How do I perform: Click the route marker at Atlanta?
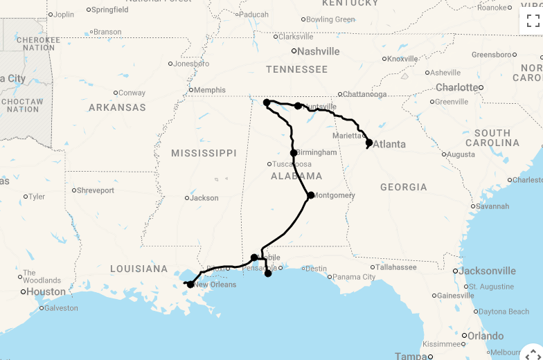pyautogui.click(x=369, y=143)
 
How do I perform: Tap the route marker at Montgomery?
pyautogui.click(x=311, y=195)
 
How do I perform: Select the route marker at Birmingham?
pyautogui.click(x=294, y=153)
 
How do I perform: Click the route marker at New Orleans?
pyautogui.click(x=190, y=285)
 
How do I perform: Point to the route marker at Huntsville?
pyautogui.click(x=298, y=106)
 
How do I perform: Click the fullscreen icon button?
pyautogui.click(x=532, y=20)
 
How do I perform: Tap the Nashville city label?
pyautogui.click(x=319, y=51)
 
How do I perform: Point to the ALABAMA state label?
pyautogui.click(x=296, y=176)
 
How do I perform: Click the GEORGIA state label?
pyautogui.click(x=403, y=187)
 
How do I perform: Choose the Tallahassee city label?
pyautogui.click(x=396, y=267)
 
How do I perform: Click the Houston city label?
pyautogui.click(x=46, y=292)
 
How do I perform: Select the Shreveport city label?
pyautogui.click(x=95, y=190)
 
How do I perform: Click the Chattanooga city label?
pyautogui.click(x=366, y=94)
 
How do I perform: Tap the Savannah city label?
pyautogui.click(x=492, y=206)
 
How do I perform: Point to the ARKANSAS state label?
pyautogui.click(x=117, y=107)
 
